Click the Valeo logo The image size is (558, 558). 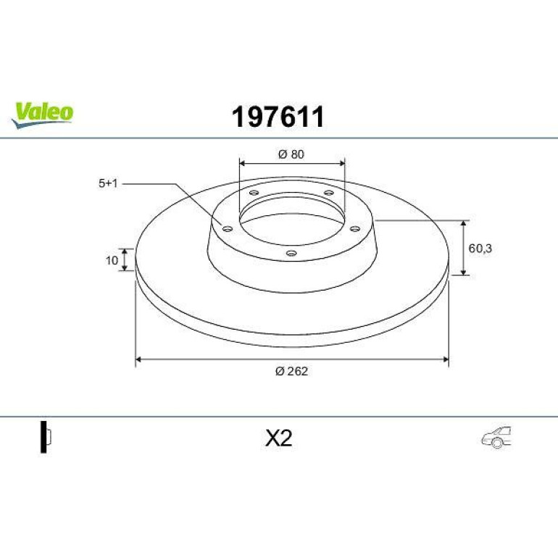point(42,114)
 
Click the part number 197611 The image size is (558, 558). point(278,117)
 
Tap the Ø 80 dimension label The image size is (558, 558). point(291,154)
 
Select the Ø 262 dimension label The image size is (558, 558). point(291,371)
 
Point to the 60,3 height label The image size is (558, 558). point(480,249)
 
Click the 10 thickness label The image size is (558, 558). point(112,260)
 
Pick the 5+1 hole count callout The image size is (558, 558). point(108,183)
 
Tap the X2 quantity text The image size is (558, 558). point(279,438)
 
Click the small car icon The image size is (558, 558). point(496,437)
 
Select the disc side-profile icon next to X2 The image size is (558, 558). point(46,437)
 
